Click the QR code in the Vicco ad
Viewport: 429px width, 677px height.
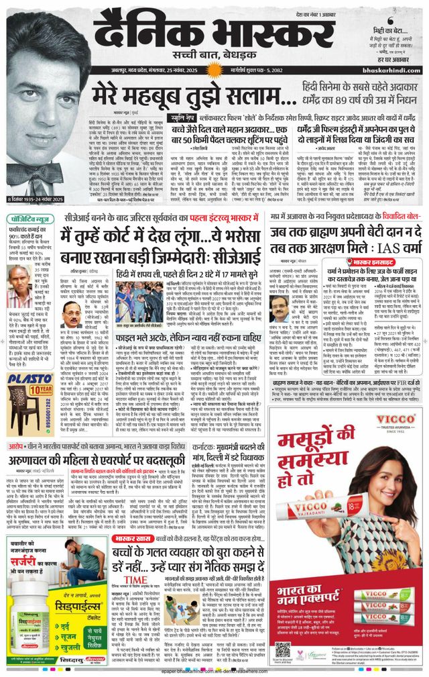pos(284,644)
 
